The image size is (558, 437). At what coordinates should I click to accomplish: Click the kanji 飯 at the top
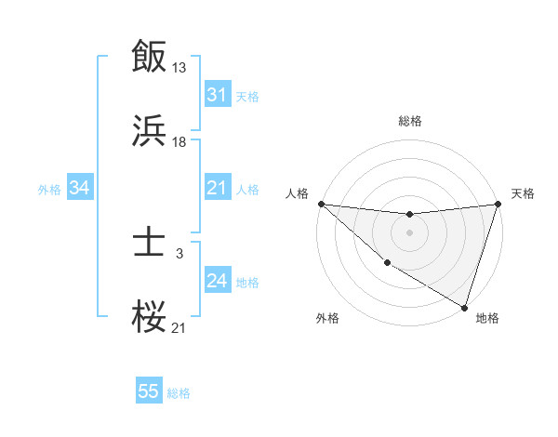(150, 55)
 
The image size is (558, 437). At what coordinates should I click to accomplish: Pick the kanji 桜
(150, 318)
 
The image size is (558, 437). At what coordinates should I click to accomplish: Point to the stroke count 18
(179, 142)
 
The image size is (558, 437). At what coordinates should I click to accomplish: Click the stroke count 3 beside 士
(179, 253)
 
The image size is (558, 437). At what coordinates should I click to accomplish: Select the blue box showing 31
(217, 95)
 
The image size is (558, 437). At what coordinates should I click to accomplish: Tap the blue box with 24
(217, 281)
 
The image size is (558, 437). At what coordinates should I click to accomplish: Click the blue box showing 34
(80, 188)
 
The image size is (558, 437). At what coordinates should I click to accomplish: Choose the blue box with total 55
(149, 391)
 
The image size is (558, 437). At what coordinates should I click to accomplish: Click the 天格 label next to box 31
(246, 97)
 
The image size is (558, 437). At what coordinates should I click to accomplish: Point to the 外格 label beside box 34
(49, 190)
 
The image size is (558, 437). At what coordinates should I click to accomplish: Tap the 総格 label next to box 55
(179, 393)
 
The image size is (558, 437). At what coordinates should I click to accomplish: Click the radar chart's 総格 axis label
(410, 121)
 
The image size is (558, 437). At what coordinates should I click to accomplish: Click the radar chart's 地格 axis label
(487, 318)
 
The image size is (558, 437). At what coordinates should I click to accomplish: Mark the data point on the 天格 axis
(498, 204)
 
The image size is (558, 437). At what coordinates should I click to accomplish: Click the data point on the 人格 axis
(321, 204)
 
